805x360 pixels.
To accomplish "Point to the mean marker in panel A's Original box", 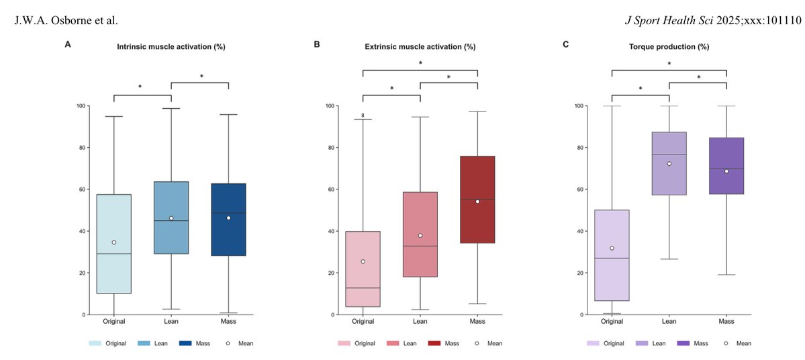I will pyautogui.click(x=114, y=242).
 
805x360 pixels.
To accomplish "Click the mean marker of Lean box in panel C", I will pyautogui.click(x=669, y=164).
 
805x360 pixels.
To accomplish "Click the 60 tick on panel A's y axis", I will pyautogui.click(x=81, y=189).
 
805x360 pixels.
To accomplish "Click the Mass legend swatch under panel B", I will pyautogui.click(x=437, y=343).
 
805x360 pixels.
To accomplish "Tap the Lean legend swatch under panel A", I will pyautogui.click(x=144, y=343).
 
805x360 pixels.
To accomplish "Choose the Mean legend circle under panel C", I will pyautogui.click(x=726, y=343).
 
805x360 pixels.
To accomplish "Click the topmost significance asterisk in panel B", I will pyautogui.click(x=420, y=64).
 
